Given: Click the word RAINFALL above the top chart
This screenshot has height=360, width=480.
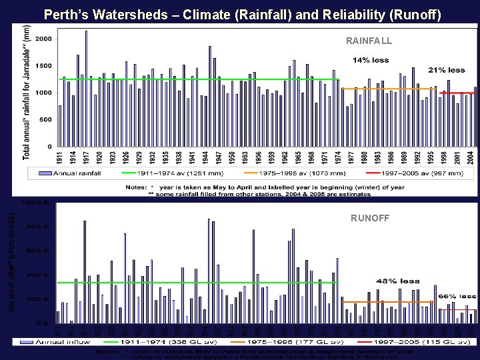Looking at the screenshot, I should (x=369, y=41).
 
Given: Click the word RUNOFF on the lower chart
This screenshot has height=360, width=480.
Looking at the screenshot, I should (x=369, y=217).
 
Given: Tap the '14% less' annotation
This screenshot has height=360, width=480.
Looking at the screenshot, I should (x=371, y=61).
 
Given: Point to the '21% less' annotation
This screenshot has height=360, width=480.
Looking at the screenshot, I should (x=446, y=70).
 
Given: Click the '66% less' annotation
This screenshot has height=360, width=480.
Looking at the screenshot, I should (x=457, y=296).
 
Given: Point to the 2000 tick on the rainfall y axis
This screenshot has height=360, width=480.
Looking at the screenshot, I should (x=43, y=39).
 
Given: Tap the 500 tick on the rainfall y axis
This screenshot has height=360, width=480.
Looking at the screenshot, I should (x=45, y=120).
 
